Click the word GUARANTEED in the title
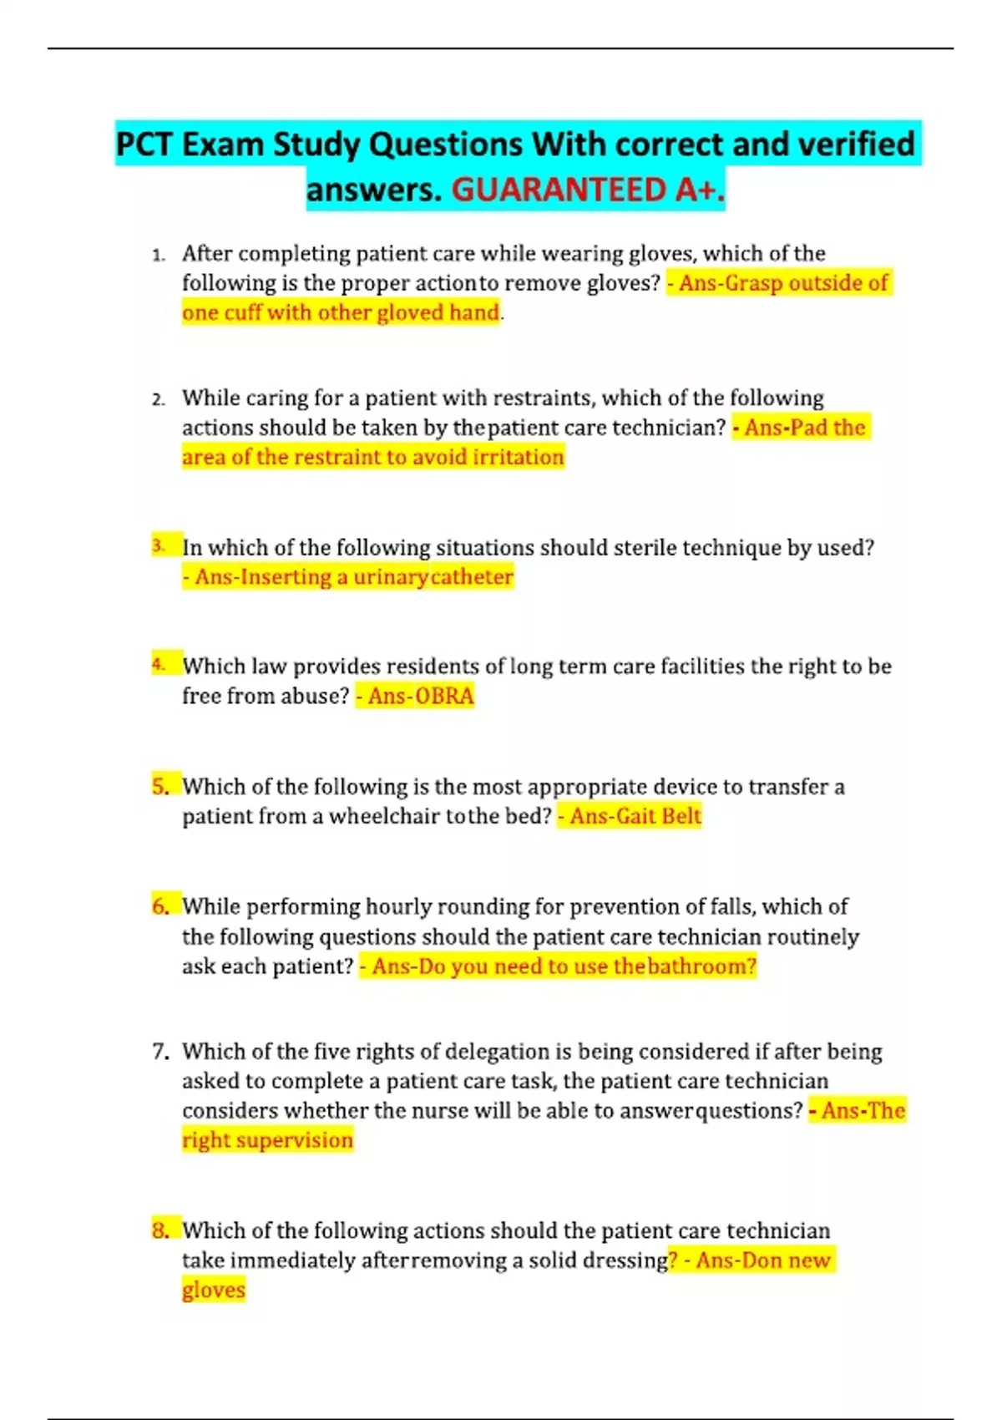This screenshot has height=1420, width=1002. [559, 190]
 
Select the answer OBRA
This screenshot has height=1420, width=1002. [444, 696]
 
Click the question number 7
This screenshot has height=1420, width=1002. [159, 1052]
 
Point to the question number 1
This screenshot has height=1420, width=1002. [158, 255]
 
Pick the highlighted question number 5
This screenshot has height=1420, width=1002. [160, 786]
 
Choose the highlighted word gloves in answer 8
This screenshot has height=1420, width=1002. [214, 1290]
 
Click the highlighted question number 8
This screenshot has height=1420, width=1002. [160, 1230]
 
